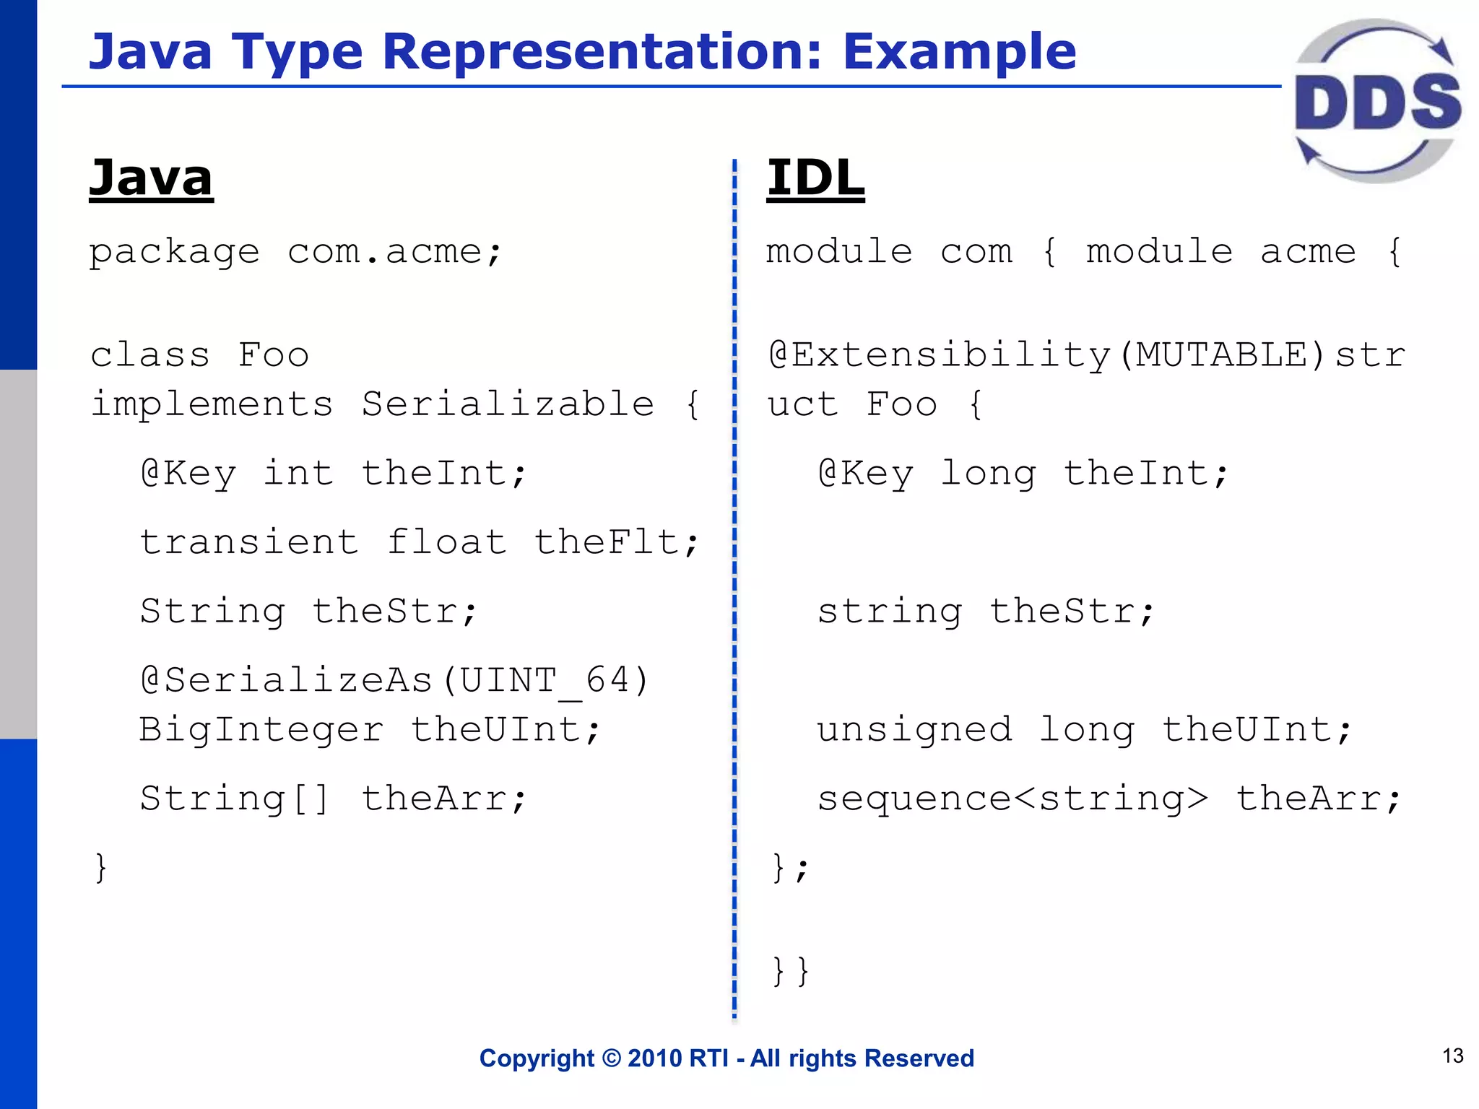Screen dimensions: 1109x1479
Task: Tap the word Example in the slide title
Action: pos(959,52)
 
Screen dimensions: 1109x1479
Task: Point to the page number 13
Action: pos(1452,1056)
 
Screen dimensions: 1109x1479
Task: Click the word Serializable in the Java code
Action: pos(508,404)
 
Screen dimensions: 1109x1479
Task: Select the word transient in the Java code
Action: pos(249,542)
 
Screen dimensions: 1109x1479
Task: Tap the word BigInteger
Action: pos(261,729)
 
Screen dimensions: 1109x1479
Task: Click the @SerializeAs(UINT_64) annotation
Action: pos(395,680)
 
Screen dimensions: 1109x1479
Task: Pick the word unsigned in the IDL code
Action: pos(914,729)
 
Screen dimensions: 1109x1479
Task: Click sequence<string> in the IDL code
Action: pos(1012,799)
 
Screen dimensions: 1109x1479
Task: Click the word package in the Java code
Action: pos(174,253)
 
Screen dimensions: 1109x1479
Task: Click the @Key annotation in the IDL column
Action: pos(865,474)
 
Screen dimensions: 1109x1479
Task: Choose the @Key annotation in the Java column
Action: pos(188,474)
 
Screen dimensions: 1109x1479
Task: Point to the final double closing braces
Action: pos(790,971)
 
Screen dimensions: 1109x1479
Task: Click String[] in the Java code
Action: pos(235,799)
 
